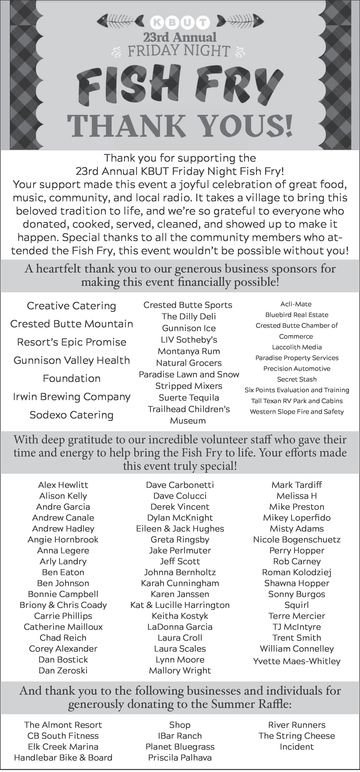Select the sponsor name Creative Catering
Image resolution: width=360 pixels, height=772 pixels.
71,306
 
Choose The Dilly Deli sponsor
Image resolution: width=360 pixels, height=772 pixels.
189,317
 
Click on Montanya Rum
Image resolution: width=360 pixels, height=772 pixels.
189,351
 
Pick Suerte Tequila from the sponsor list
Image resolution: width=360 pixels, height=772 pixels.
189,398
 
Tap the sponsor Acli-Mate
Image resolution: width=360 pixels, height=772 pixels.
296,304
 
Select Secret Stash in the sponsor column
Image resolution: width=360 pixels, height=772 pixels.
297,379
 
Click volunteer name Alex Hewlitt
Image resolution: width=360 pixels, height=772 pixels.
63,485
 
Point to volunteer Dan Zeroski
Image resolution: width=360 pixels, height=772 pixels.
63,670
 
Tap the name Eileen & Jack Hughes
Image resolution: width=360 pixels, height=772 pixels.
180,529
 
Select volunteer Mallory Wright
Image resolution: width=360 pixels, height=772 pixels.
180,670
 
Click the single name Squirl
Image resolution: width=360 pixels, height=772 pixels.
296,605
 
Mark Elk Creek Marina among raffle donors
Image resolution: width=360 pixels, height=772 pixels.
63,747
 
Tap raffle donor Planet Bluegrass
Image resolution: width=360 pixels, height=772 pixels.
180,747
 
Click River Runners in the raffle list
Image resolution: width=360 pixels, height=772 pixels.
297,725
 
